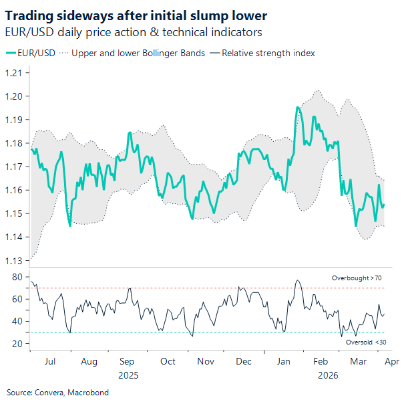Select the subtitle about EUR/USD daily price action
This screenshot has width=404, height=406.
click(x=133, y=32)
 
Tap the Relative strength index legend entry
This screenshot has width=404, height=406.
click(x=263, y=53)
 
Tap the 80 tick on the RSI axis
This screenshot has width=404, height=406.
click(x=17, y=277)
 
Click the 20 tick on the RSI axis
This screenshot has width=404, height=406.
click(x=17, y=344)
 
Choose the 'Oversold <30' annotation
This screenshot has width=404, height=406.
click(x=366, y=342)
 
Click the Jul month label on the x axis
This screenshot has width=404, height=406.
click(x=50, y=361)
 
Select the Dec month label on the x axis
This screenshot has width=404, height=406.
click(x=244, y=361)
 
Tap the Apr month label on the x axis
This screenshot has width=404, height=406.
click(x=392, y=361)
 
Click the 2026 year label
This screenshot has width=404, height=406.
click(x=327, y=375)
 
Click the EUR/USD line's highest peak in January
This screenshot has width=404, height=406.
click(x=298, y=107)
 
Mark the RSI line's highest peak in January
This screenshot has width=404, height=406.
click(x=297, y=281)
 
